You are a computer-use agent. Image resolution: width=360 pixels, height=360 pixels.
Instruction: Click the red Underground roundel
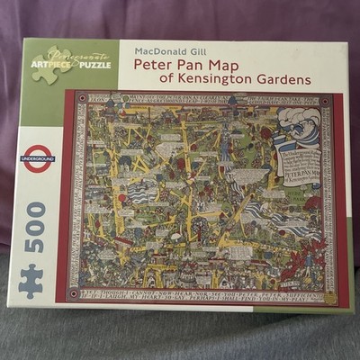click(x=39, y=157)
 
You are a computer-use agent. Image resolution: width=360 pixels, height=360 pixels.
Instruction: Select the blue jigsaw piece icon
click(x=31, y=280)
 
